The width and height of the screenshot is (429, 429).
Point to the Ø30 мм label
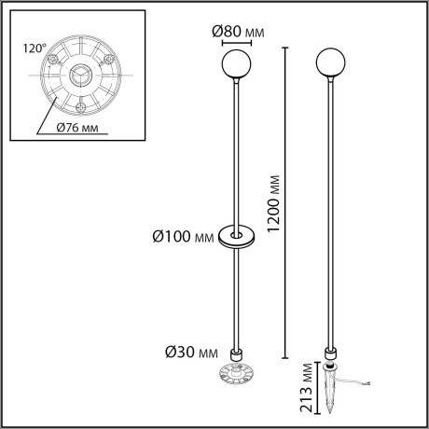click(x=192, y=353)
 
